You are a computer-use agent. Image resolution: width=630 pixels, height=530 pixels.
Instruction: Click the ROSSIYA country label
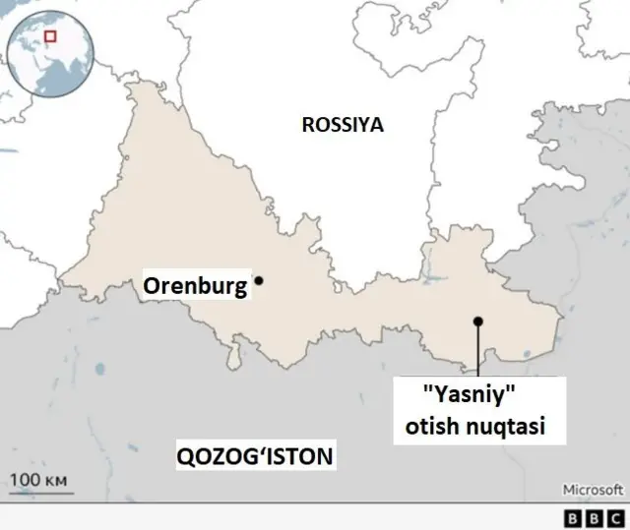(x=342, y=125)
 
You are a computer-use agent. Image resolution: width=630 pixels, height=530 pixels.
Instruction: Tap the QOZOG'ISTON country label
(x=254, y=456)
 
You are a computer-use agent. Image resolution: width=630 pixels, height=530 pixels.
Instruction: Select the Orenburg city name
(x=195, y=287)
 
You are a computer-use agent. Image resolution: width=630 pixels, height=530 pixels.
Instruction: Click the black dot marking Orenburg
(x=259, y=280)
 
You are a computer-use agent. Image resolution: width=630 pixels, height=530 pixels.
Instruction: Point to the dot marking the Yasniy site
(x=477, y=321)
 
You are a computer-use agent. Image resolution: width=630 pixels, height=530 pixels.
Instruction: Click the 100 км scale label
(x=37, y=479)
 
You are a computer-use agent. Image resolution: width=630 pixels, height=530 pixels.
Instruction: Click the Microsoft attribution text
(x=593, y=489)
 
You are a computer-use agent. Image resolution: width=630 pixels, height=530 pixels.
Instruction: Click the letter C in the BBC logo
(x=614, y=517)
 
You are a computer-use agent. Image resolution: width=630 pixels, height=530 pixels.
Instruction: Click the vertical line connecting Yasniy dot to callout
(x=477, y=349)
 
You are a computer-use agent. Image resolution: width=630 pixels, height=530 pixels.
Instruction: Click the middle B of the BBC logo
(x=594, y=517)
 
